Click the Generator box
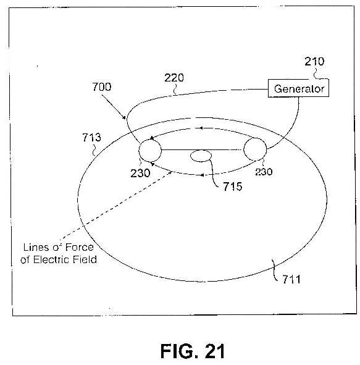[x=298, y=88]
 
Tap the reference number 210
[x=314, y=62]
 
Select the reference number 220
[x=174, y=78]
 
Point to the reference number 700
[x=102, y=87]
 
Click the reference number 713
[x=91, y=137]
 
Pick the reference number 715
[x=232, y=187]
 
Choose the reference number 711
[x=291, y=279]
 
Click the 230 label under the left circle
[x=140, y=173]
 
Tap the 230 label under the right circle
[x=264, y=172]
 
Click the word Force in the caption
[x=80, y=247]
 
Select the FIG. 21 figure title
[x=193, y=351]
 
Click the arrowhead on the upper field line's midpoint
[x=201, y=128]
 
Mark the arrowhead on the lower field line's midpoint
[x=202, y=175]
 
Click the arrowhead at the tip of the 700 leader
[x=125, y=118]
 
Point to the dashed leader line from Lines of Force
[x=116, y=206]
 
